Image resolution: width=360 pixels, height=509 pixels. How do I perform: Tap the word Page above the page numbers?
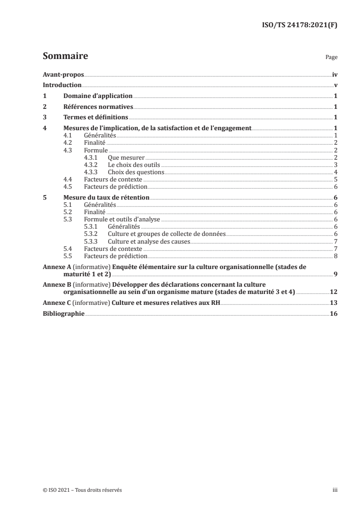pyautogui.click(x=331, y=58)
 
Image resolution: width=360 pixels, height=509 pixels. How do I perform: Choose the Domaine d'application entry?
pyautogui.click(x=98, y=96)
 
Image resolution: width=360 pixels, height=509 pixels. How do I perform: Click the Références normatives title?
pyautogui.click(x=98, y=107)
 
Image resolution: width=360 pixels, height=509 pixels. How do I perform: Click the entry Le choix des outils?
pyautogui.click(x=133, y=165)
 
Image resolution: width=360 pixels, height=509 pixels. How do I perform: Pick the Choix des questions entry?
pyautogui.click(x=135, y=172)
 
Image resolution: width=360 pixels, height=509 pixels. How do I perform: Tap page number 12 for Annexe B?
pyautogui.click(x=333, y=293)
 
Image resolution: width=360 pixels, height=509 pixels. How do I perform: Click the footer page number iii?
pyautogui.click(x=335, y=490)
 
